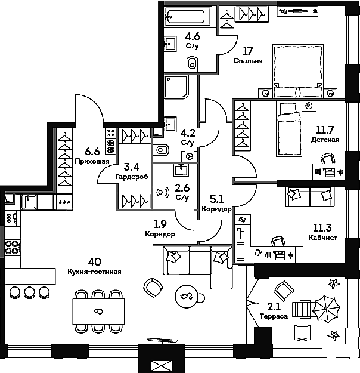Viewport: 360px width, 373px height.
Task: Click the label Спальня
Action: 248,61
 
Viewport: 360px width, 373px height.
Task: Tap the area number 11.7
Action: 325,128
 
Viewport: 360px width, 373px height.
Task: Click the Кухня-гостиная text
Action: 95,272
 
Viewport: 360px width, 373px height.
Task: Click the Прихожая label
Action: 92,161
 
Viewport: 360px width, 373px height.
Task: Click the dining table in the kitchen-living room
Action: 98,310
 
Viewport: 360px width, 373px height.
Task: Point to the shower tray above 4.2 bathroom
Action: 177,88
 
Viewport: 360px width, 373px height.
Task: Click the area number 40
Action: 94,261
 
